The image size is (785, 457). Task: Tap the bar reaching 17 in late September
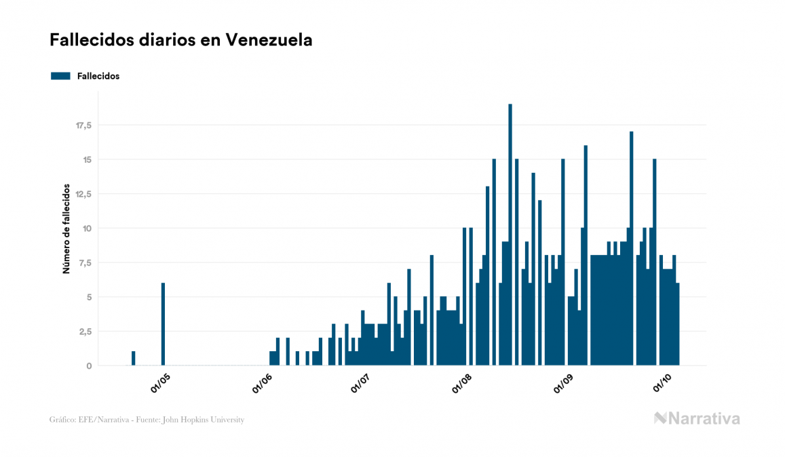pyautogui.click(x=631, y=248)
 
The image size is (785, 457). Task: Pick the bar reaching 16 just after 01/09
pyautogui.click(x=586, y=255)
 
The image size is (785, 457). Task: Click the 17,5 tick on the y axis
pyautogui.click(x=83, y=125)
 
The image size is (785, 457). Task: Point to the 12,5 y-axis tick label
pyautogui.click(x=83, y=194)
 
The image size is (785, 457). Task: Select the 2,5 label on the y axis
pyautogui.click(x=85, y=331)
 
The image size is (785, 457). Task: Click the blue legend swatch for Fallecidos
pyautogui.click(x=60, y=76)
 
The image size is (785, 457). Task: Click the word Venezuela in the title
pyautogui.click(x=269, y=40)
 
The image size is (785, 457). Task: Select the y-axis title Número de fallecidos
pyautogui.click(x=66, y=228)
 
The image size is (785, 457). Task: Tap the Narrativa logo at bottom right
pyautogui.click(x=697, y=418)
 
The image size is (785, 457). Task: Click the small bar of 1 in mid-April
pyautogui.click(x=133, y=359)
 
